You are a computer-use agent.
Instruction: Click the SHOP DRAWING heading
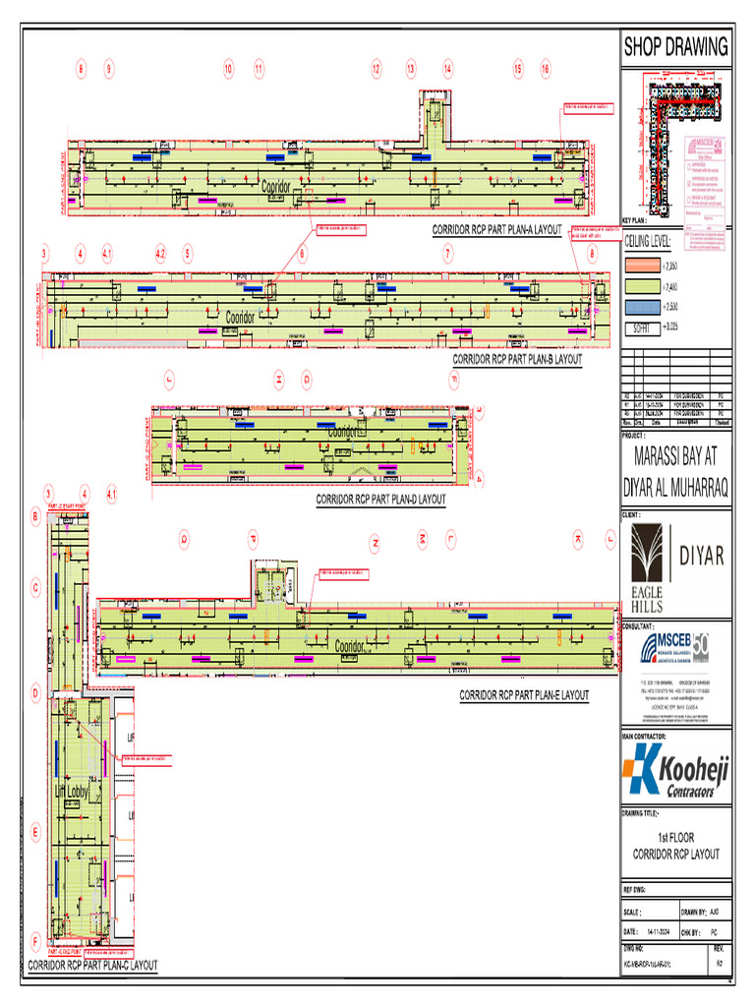click(x=675, y=46)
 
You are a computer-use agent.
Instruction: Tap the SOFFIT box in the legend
click(x=641, y=326)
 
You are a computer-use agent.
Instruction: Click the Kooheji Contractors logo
click(x=674, y=773)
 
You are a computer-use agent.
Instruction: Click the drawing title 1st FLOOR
click(x=674, y=839)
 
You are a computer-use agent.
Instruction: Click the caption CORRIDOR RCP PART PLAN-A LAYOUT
click(x=496, y=231)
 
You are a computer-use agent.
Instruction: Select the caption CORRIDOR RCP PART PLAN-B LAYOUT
click(x=517, y=360)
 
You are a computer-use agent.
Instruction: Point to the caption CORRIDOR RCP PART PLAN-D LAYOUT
click(x=380, y=500)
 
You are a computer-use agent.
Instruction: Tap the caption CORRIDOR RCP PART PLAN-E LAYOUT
click(x=524, y=695)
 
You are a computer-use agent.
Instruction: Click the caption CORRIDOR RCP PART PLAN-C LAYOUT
click(x=92, y=966)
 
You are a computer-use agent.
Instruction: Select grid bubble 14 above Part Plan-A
click(x=447, y=69)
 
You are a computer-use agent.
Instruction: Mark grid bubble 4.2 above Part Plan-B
click(x=160, y=253)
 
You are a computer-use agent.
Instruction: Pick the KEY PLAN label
click(x=636, y=220)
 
